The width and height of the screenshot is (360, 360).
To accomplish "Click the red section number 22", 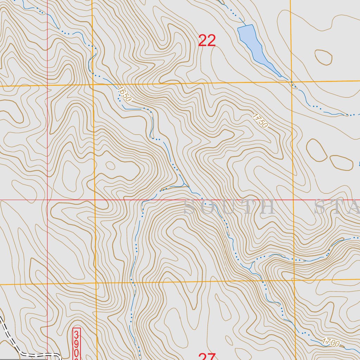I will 207,41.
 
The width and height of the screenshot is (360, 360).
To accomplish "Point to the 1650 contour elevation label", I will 124,94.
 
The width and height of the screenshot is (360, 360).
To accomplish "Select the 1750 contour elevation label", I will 260,120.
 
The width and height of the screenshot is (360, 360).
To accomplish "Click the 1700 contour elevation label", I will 330,342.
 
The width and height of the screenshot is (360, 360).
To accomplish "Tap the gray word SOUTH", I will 229,207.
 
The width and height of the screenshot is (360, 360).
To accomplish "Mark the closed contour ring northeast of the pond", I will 323,57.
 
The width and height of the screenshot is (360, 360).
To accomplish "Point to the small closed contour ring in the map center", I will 110,165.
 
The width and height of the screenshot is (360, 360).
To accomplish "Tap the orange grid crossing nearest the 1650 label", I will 93,85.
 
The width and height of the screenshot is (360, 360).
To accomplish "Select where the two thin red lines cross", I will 47,200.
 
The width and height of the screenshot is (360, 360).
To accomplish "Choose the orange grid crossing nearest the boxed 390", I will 96,283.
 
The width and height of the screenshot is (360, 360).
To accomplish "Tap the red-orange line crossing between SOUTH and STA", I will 293,200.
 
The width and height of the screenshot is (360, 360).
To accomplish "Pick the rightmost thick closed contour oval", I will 341,162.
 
